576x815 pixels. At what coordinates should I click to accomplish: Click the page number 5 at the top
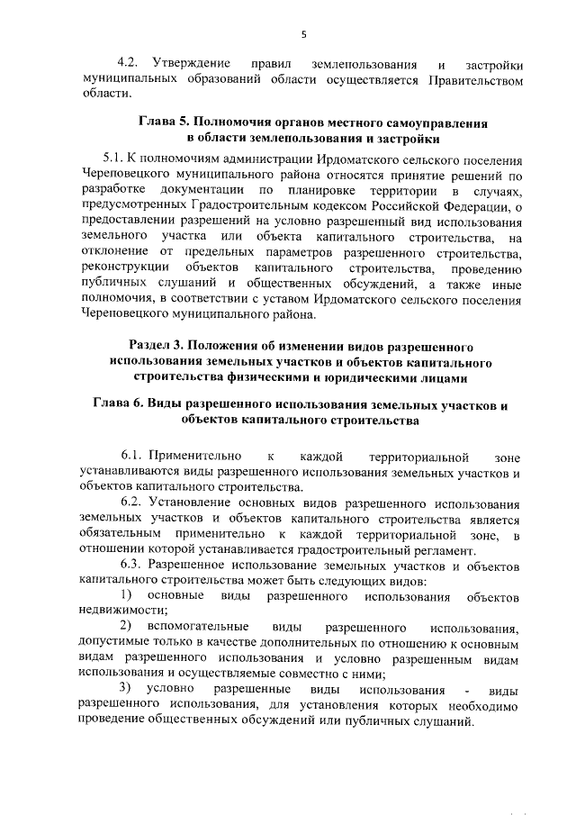tap(304, 34)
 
